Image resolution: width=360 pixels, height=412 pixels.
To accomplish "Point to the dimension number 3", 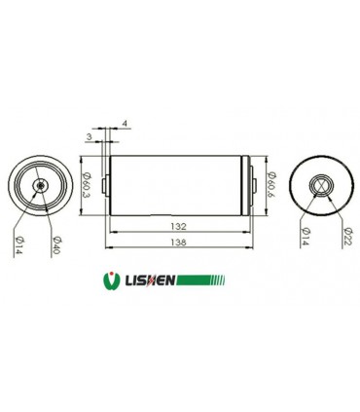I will (x=90, y=137).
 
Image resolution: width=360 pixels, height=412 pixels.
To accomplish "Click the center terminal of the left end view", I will (x=40, y=185).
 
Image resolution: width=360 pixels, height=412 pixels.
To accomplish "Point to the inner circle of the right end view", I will (x=321, y=185).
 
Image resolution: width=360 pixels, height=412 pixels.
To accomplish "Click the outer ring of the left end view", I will (x=15, y=185).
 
